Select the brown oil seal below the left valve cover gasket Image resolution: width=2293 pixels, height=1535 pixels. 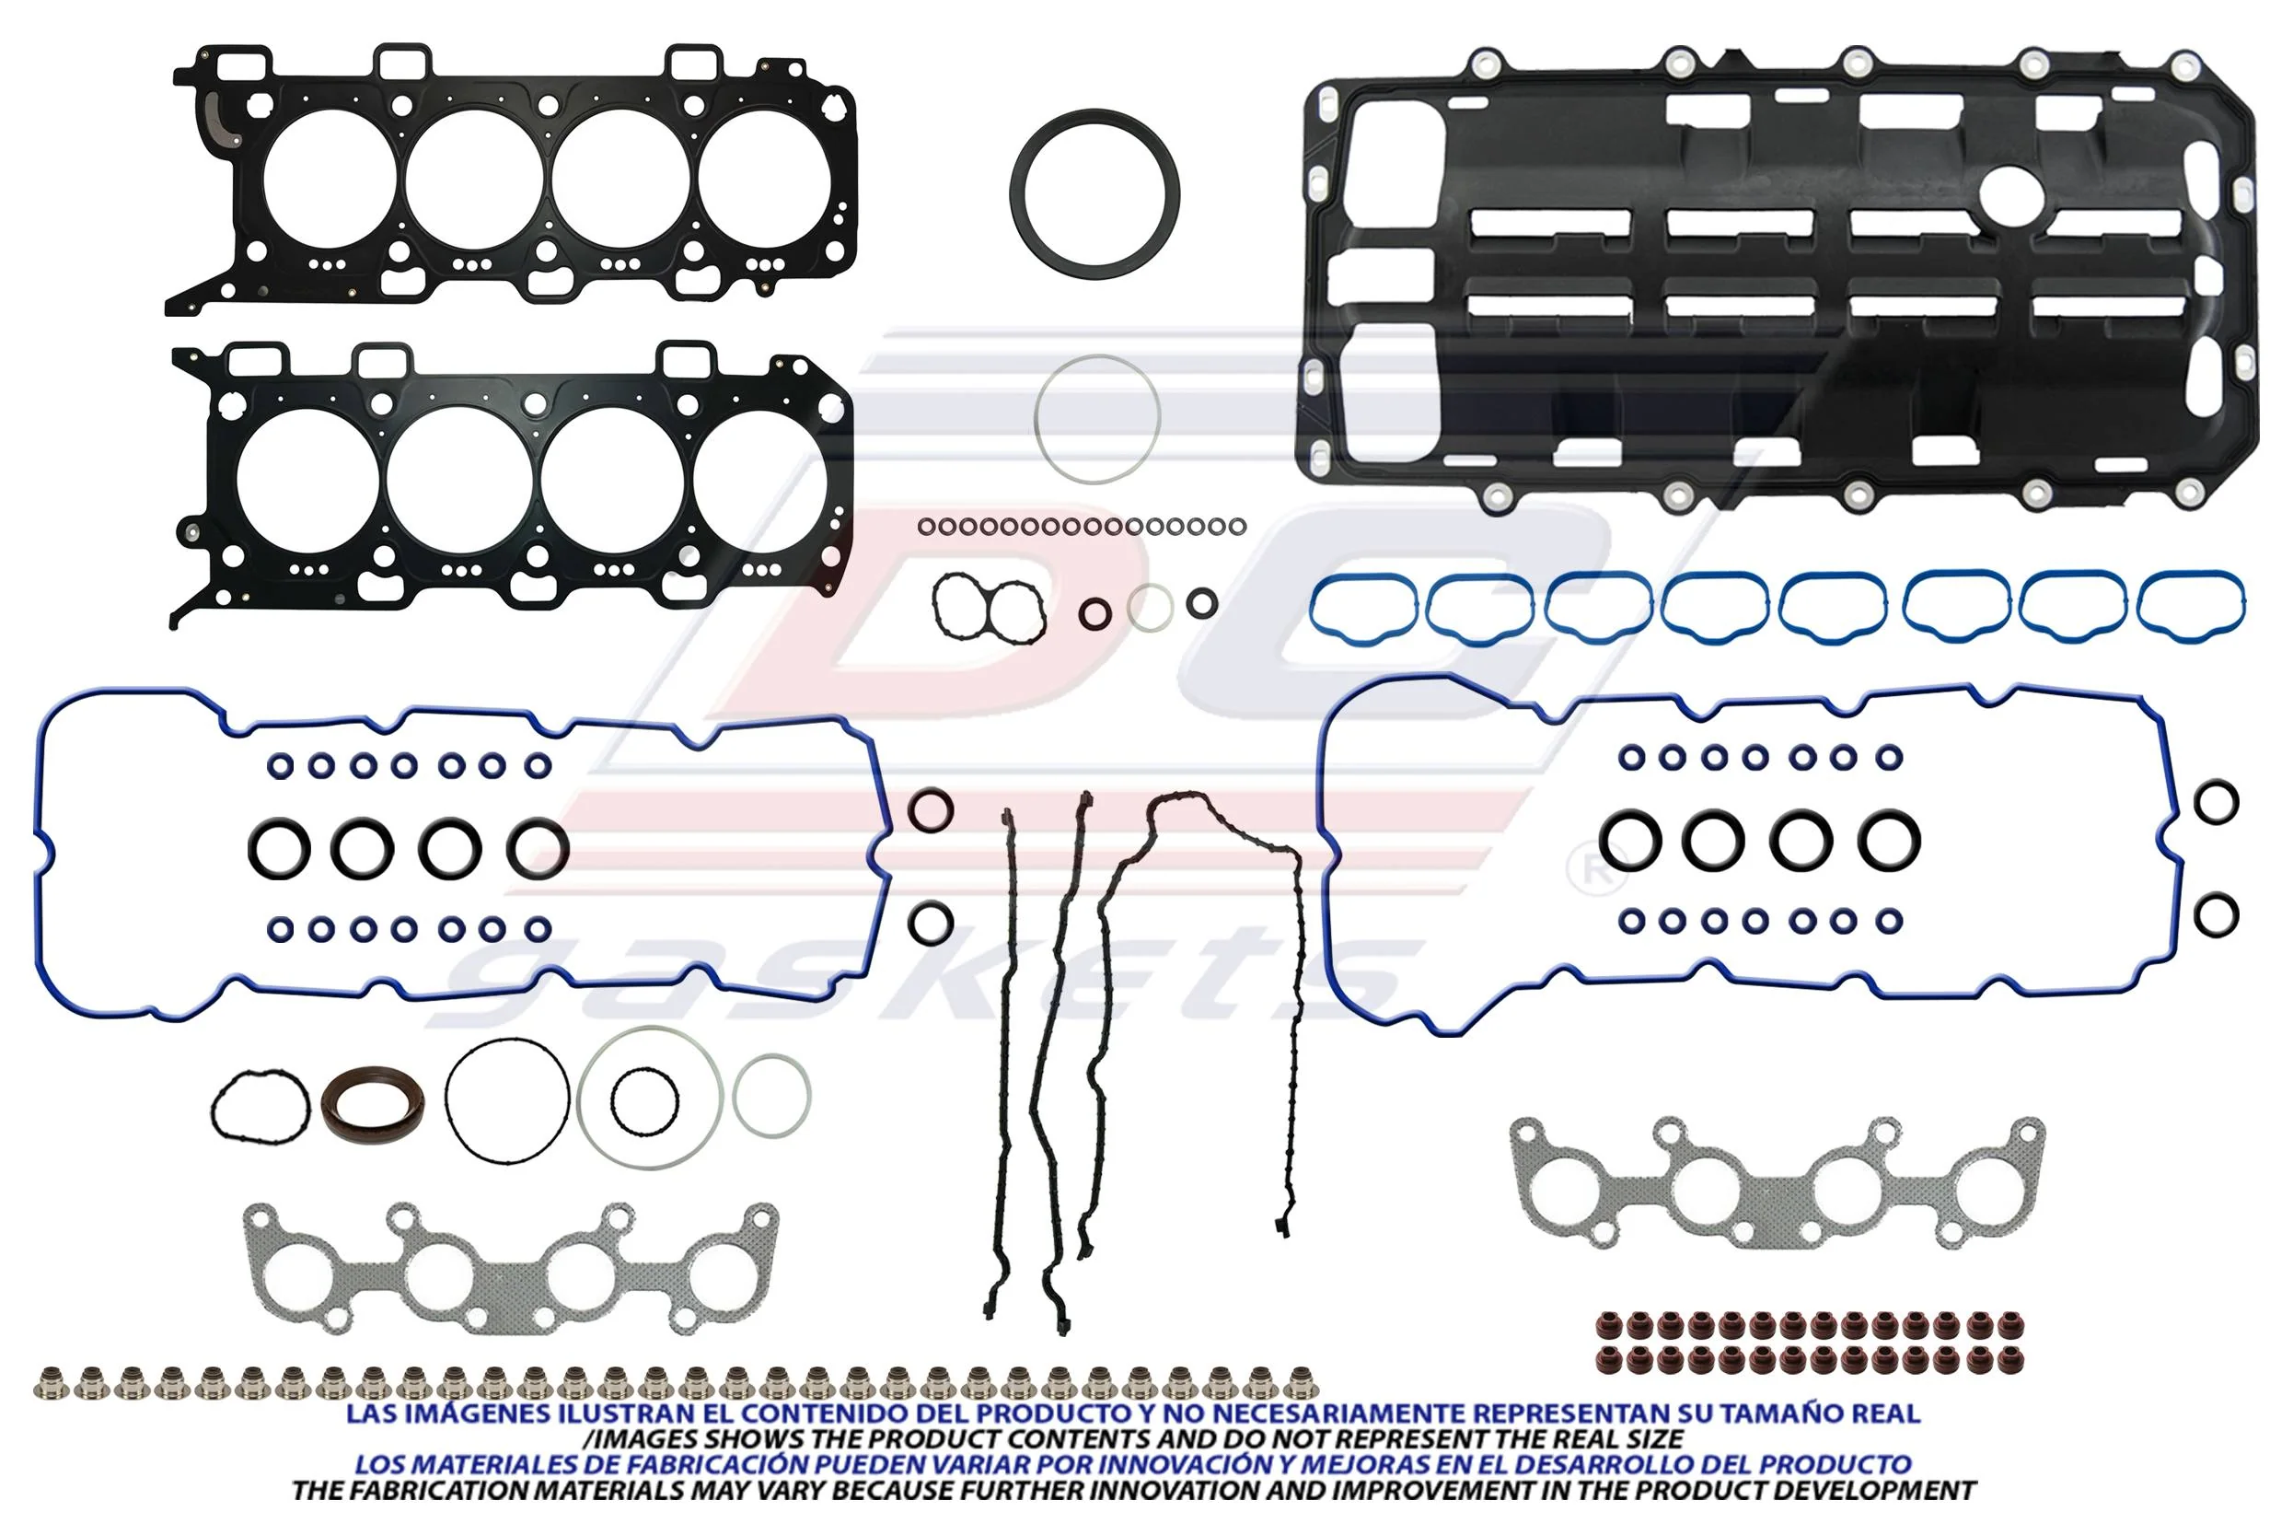373,1103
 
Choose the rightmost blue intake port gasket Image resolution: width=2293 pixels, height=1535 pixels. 2190,579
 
